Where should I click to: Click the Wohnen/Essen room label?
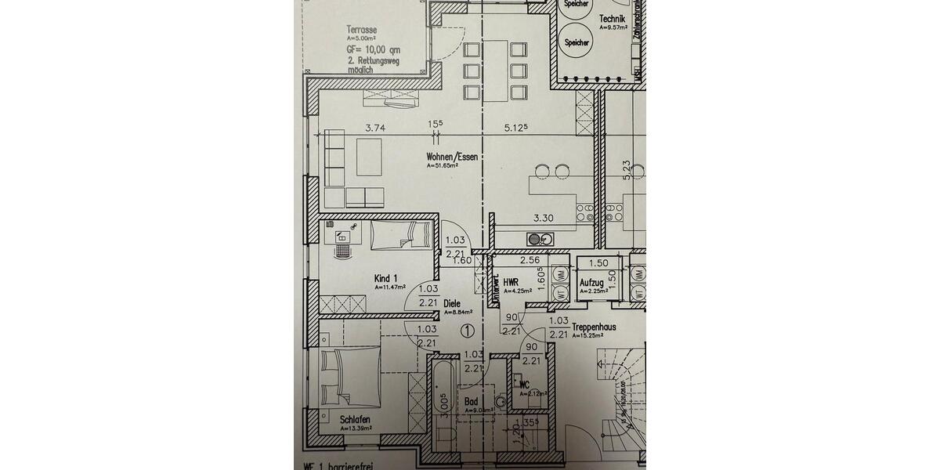[453, 157]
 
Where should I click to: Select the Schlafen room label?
[355, 419]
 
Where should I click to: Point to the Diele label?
[452, 303]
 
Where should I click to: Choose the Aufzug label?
[592, 282]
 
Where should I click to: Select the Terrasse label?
[363, 30]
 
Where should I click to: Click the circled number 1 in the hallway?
[468, 331]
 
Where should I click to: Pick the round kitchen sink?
[534, 238]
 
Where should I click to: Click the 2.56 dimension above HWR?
[530, 259]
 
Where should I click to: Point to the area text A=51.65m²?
[446, 166]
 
